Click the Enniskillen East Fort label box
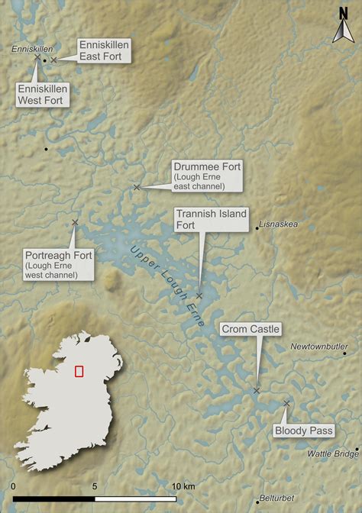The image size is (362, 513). tap(105, 51)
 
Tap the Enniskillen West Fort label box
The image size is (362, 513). tap(44, 95)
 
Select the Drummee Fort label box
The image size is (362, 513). tap(207, 176)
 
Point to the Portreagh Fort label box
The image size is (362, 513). tap(57, 264)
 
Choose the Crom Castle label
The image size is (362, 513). tap(251, 329)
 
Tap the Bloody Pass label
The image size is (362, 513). tap(303, 431)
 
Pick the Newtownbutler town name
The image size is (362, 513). tap(319, 346)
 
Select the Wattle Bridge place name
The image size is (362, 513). tap(332, 453)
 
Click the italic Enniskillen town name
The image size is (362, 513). tap(29, 49)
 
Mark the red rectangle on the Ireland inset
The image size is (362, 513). tap(79, 371)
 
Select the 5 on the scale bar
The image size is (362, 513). tap(95, 486)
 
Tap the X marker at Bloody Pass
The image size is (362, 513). tap(286, 404)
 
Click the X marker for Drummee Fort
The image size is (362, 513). tap(137, 187)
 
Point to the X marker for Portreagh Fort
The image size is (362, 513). tap(75, 222)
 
